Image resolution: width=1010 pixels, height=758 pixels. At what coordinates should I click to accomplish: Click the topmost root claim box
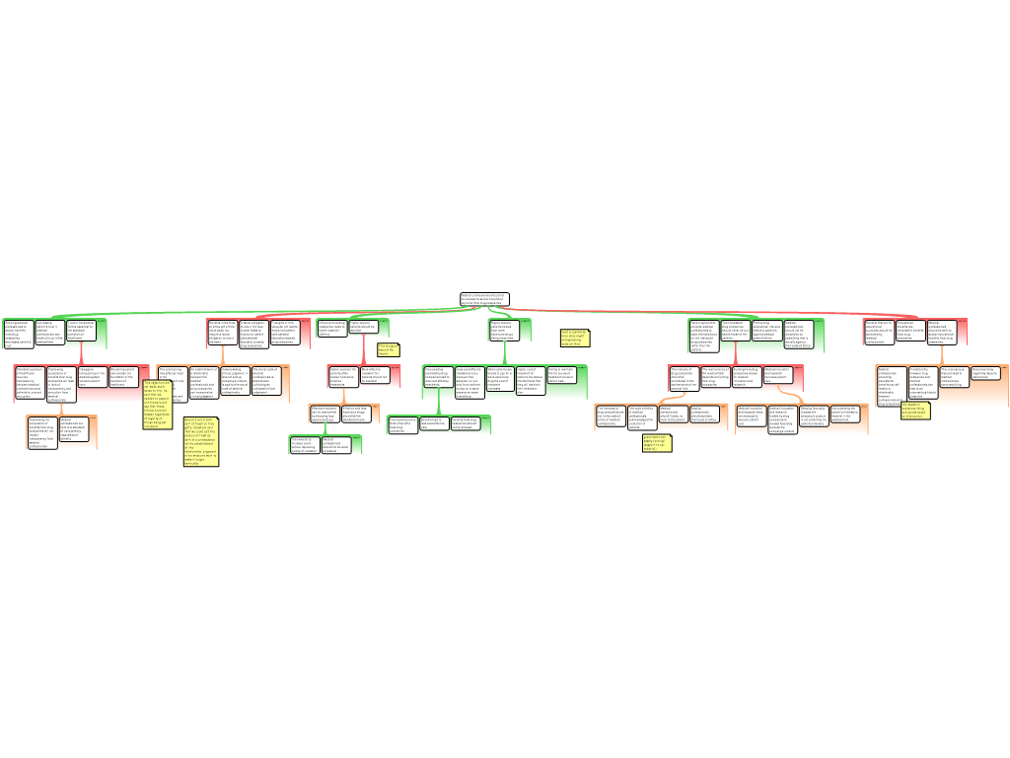483,298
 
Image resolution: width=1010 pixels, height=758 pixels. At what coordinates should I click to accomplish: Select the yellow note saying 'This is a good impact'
388,348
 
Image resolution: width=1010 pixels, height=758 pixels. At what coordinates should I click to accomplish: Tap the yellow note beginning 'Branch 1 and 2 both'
200,440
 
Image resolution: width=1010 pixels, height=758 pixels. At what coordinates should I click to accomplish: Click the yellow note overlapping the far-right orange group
914,410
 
